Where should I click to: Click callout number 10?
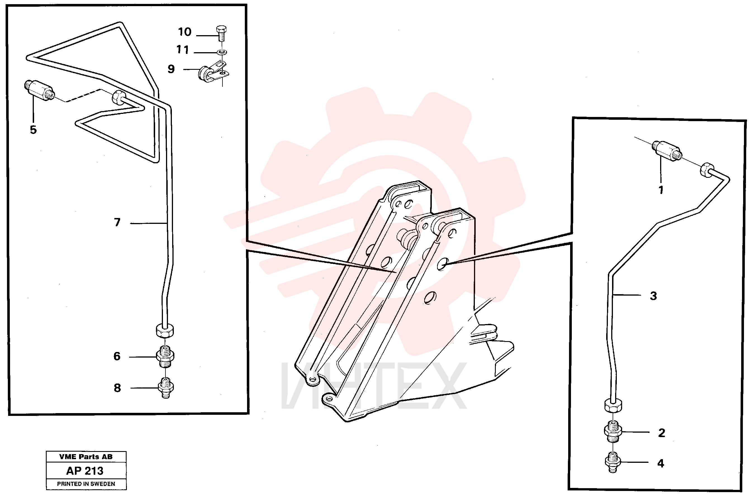185,32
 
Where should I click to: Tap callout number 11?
182,50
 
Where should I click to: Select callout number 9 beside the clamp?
171,69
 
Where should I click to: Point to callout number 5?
33,130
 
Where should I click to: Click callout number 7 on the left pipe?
117,222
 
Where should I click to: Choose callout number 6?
117,356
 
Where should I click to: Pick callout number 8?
117,388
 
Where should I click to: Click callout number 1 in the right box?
661,190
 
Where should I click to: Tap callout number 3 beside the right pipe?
653,296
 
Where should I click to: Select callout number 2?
662,433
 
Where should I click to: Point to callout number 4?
661,463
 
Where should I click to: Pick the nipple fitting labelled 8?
166,387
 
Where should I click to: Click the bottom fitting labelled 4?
613,463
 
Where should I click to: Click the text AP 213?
85,471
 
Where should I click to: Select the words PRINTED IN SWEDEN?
86,484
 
